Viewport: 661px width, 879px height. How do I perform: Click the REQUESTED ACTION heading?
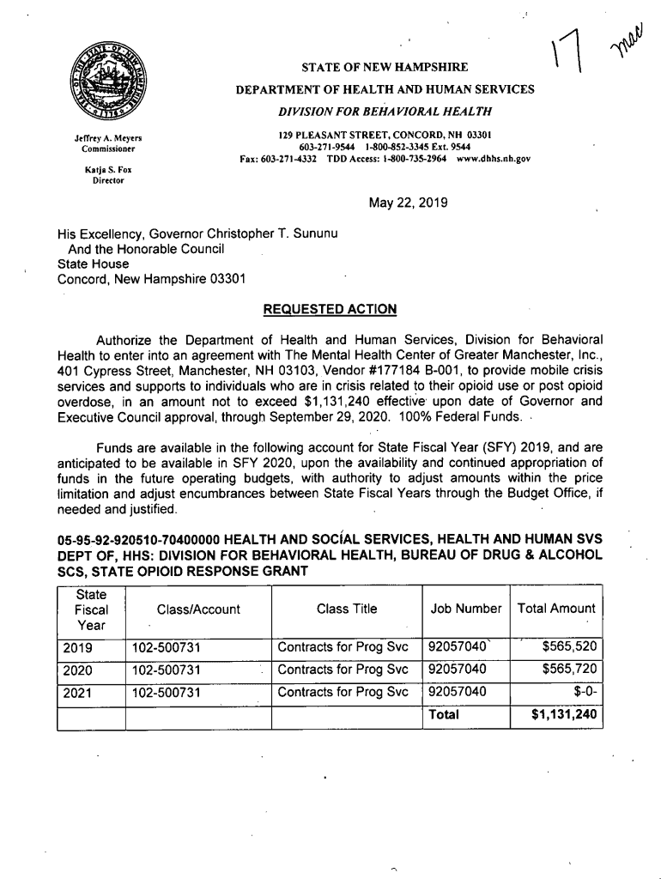tap(330, 308)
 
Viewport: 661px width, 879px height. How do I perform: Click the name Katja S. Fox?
tap(107, 170)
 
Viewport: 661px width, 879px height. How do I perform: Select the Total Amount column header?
tap(556, 609)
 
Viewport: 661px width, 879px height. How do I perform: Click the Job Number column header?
tap(466, 609)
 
